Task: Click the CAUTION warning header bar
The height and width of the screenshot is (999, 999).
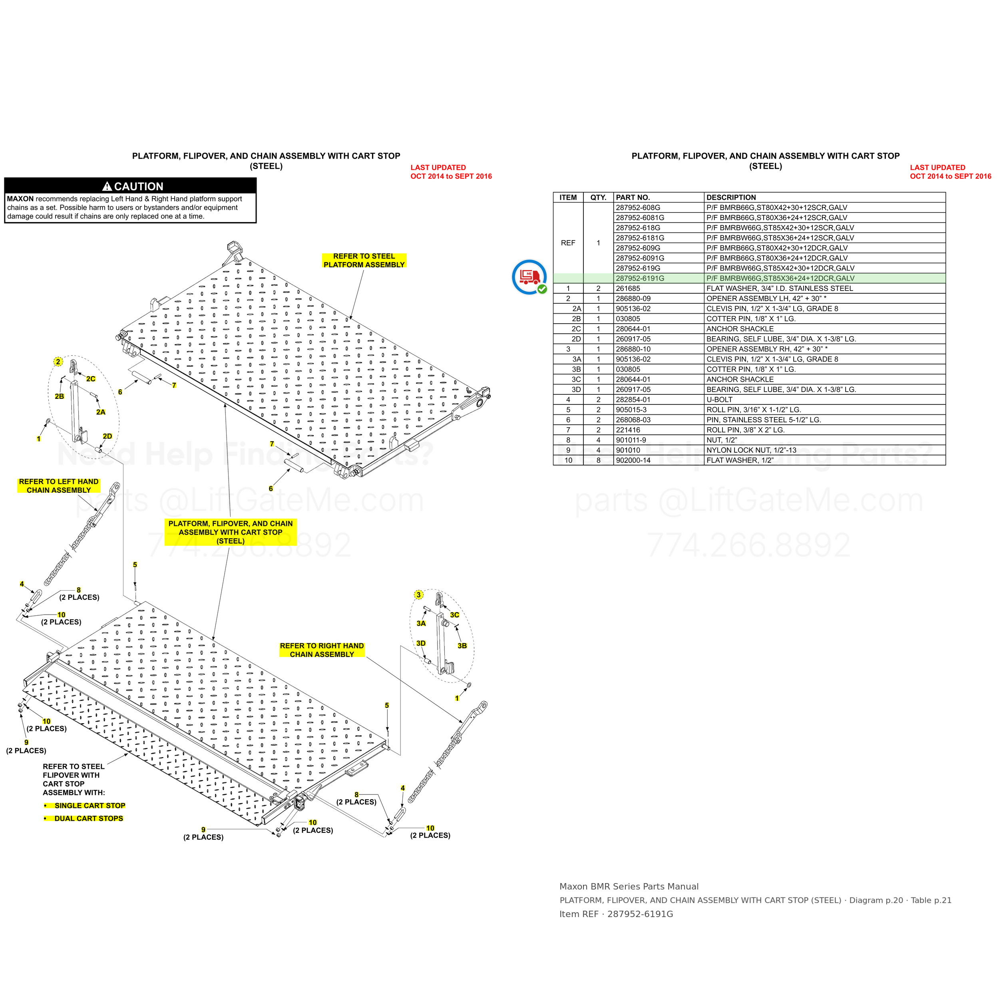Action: coord(130,186)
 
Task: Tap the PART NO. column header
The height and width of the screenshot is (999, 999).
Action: coord(633,197)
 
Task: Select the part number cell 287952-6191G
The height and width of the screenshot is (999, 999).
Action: coord(640,278)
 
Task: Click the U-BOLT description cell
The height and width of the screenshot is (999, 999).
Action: coord(719,400)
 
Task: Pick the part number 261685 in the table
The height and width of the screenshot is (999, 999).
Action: coord(628,289)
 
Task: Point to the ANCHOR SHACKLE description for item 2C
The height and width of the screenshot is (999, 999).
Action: coord(740,329)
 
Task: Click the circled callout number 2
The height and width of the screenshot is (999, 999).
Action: coord(58,362)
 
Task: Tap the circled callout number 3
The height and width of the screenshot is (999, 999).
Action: coord(419,595)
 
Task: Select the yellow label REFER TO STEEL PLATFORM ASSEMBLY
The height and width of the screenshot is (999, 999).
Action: coord(364,260)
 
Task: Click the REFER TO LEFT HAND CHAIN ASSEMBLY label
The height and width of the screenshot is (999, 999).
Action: coord(59,486)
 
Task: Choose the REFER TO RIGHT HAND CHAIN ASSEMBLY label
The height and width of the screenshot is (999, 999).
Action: coord(322,650)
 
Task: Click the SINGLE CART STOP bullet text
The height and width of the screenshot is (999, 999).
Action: coord(90,806)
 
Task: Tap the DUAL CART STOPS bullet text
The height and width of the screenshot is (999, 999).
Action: coord(89,818)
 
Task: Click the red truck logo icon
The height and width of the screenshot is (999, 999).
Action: coord(529,277)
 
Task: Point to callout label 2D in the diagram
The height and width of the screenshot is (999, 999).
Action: coord(107,436)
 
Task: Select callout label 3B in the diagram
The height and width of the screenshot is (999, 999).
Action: coord(462,646)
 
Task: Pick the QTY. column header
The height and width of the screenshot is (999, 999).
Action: coord(598,197)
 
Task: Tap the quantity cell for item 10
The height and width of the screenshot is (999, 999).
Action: coord(598,460)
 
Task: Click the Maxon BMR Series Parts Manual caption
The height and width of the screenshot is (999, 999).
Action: coord(629,886)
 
